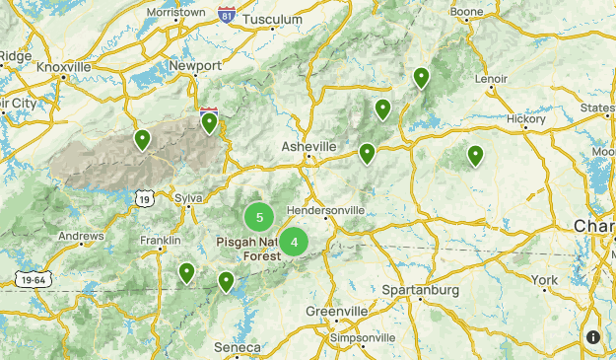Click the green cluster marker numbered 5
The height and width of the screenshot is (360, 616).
259,217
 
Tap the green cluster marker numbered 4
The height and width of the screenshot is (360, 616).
294,242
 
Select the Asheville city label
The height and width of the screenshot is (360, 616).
308,146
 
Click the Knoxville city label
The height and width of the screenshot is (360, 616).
63,66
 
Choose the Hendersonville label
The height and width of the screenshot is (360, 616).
325,210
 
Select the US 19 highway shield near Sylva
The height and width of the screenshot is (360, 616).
145,198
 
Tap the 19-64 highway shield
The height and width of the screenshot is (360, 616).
34,280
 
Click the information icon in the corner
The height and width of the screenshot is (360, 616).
593,337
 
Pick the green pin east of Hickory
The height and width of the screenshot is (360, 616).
475,155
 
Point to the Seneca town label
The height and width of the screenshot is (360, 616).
238,348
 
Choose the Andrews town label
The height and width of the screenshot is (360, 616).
81,237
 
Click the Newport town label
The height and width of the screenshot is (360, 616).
195,66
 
